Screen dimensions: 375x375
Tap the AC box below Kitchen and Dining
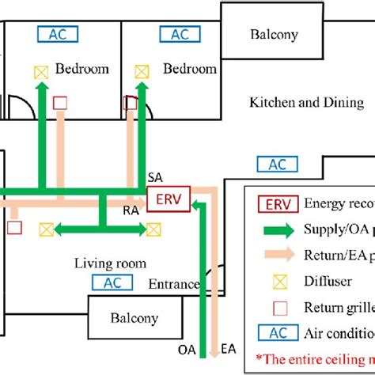point(278,165)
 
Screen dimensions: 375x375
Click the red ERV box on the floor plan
point(168,200)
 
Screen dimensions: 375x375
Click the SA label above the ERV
point(155,176)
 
